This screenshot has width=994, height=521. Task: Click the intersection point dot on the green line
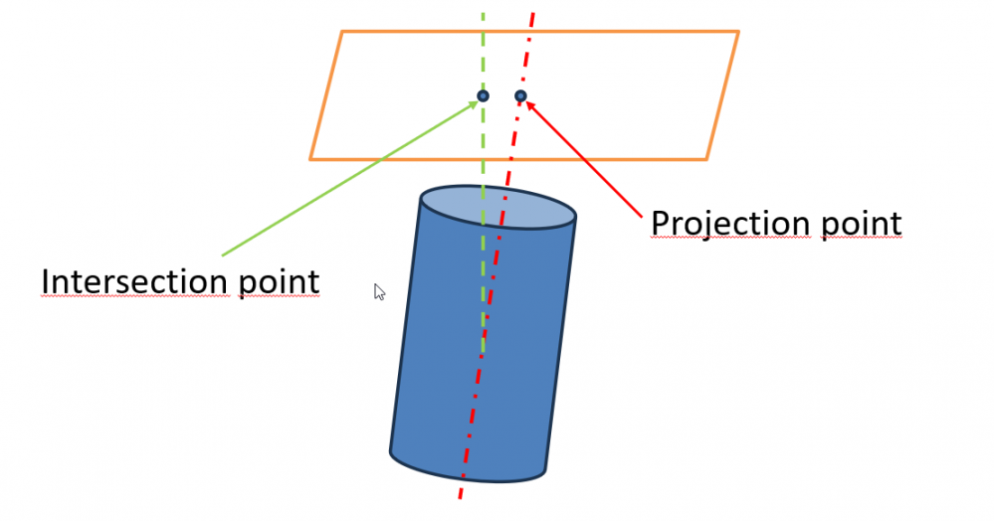pyautogui.click(x=483, y=95)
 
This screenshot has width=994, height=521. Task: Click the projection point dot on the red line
pyautogui.click(x=520, y=95)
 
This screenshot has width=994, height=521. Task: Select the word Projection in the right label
pyautogui.click(x=731, y=224)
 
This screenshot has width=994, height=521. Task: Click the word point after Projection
pyautogui.click(x=862, y=225)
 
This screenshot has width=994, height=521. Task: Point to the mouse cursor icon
pyautogui.click(x=379, y=291)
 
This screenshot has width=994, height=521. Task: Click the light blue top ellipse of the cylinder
pyautogui.click(x=497, y=208)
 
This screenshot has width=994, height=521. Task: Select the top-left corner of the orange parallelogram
pyautogui.click(x=342, y=32)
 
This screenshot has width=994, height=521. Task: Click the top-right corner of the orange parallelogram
pyautogui.click(x=738, y=32)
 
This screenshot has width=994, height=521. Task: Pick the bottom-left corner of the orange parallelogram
pyautogui.click(x=310, y=158)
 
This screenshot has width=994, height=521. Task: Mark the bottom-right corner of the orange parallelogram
pyautogui.click(x=706, y=158)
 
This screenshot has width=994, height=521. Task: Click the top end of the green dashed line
pyautogui.click(x=484, y=14)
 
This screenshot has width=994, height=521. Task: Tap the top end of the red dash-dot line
pyautogui.click(x=533, y=14)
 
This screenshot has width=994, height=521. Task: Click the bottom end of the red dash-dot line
pyautogui.click(x=461, y=500)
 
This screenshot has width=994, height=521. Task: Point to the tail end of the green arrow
pyautogui.click(x=221, y=256)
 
